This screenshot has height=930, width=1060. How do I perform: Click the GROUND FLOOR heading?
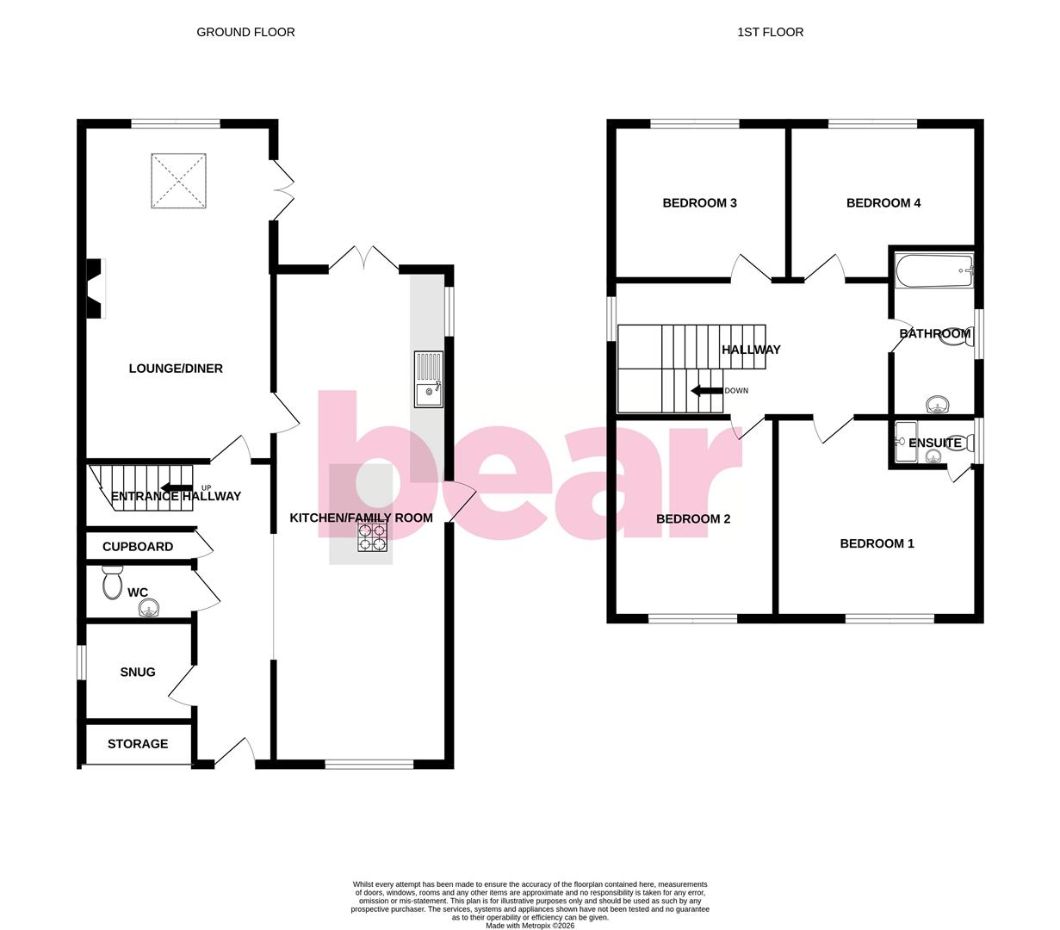245,32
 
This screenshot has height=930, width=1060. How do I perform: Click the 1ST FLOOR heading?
770,32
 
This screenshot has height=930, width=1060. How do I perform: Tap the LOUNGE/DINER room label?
176,369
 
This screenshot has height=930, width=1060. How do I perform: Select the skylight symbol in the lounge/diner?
178,181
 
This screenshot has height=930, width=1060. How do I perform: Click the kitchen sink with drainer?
428,379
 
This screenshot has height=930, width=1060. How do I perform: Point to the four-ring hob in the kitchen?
373,537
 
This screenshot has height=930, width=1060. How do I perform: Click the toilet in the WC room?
112,583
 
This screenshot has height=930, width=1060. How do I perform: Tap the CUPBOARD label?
138,547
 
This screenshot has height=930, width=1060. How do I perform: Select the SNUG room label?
138,672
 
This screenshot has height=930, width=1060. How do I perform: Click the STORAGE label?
138,744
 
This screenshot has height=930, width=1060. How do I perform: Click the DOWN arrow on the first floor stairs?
707,391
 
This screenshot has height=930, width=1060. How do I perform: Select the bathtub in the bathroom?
934,272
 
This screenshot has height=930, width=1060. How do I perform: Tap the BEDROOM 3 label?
699,203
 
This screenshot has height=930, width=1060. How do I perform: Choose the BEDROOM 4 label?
883,203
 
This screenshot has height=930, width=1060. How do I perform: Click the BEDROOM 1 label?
877,543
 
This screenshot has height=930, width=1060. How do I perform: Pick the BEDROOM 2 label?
693,518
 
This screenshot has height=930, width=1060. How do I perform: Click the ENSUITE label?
935,443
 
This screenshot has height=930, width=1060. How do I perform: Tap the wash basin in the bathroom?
936,404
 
